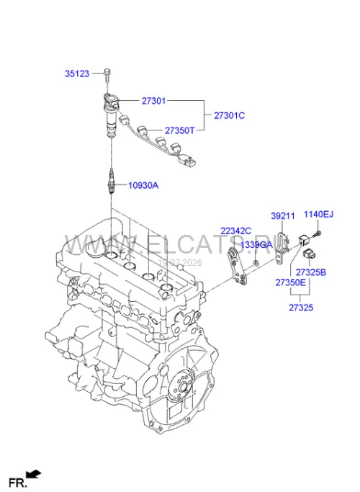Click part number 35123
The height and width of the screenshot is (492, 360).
[x=77, y=73]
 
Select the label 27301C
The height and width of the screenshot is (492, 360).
[x=229, y=115]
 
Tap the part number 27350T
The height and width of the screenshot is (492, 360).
[x=180, y=130]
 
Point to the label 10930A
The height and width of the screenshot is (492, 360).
[x=143, y=185]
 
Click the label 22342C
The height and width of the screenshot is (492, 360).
[x=236, y=231]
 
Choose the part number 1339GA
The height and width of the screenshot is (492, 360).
[x=256, y=244]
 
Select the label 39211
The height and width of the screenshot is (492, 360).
[x=283, y=216]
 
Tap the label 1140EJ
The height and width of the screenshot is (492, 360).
[x=318, y=215]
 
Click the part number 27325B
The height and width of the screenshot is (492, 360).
[x=311, y=272]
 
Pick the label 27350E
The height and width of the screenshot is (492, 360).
[x=290, y=282]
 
